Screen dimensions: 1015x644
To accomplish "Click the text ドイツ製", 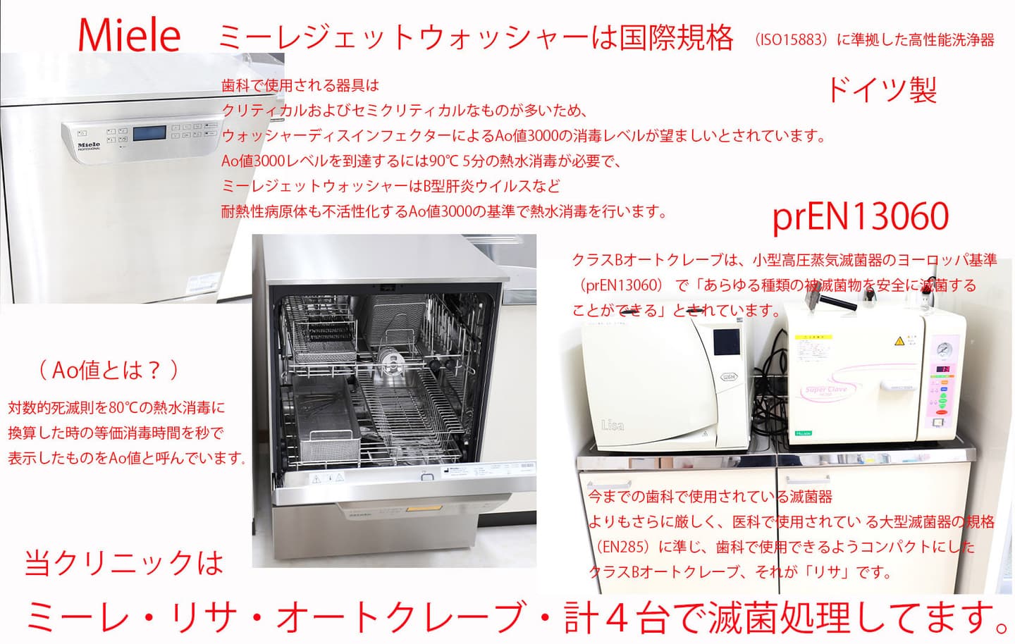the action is click(x=882, y=90).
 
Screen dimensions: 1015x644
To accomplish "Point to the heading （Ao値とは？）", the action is click(x=109, y=371).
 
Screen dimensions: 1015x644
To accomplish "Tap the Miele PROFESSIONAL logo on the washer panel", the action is click(x=89, y=146).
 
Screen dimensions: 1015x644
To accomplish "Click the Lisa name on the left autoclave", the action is click(x=612, y=425).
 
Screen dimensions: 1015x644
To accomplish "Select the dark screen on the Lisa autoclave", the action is click(x=726, y=342).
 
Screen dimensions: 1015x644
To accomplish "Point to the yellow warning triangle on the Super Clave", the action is click(x=899, y=341).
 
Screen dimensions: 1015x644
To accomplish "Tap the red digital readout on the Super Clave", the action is click(x=943, y=369).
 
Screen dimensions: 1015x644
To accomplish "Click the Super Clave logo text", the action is click(x=825, y=390).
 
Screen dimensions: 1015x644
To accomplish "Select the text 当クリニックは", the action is click(x=124, y=563).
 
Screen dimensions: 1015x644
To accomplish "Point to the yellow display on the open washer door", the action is click(x=422, y=509).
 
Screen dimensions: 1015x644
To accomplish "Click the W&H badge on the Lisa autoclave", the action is click(x=728, y=377).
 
